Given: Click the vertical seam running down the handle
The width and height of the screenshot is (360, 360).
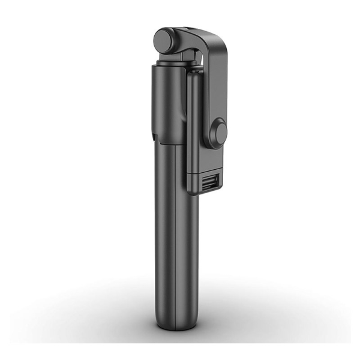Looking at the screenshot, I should [x=175, y=240].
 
